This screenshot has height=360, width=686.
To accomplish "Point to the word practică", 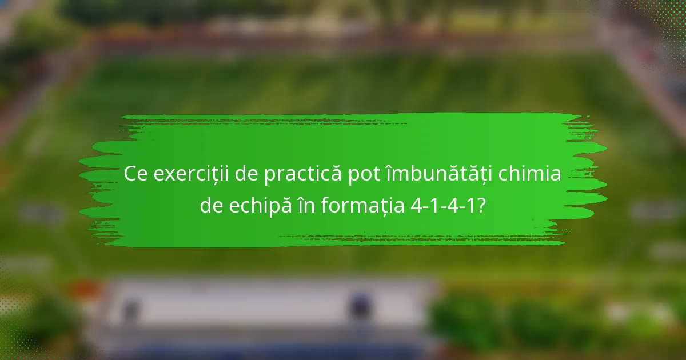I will [x=303, y=174].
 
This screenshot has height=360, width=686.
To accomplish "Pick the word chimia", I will [x=530, y=174].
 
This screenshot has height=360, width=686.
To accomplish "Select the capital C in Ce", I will [x=131, y=174].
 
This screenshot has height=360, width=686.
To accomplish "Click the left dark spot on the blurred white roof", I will [x=130, y=309].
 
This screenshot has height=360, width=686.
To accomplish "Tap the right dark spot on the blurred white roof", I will [x=360, y=305].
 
